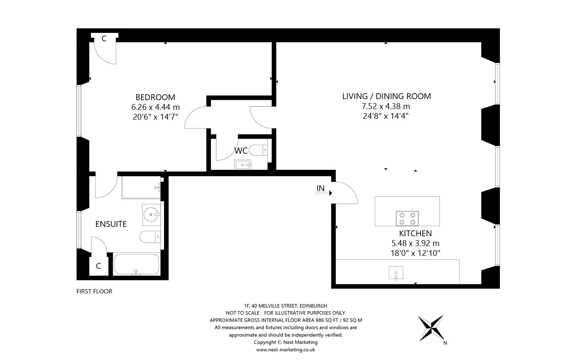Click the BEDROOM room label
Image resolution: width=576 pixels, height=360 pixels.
[155, 97]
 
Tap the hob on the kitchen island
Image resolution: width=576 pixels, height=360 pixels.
[407, 218]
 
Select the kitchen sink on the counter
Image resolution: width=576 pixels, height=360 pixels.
[396, 273]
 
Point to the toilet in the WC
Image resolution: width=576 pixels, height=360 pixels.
[258, 150]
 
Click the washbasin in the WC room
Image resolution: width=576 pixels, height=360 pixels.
[243, 165]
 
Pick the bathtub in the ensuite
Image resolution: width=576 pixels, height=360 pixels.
[137, 264]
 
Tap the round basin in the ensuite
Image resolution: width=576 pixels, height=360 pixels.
[151, 215]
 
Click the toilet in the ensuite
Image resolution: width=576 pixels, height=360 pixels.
[150, 237]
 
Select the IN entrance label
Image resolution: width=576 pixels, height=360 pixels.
[320, 189]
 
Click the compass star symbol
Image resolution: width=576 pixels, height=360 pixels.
[431, 328]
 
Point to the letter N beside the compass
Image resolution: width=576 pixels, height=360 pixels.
[445, 343]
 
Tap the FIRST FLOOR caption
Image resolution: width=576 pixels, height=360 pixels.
[94, 291]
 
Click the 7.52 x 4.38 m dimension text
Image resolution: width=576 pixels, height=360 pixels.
[386, 106]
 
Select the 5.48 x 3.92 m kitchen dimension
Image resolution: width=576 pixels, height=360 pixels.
[415, 243]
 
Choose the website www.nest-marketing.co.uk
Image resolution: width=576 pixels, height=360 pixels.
[285, 350]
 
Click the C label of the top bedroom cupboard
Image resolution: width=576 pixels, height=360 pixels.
[104, 39]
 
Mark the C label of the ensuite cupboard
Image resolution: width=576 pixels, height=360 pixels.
[98, 266]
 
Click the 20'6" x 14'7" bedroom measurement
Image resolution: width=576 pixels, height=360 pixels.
[155, 117]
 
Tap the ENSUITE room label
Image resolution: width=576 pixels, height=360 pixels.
[111, 224]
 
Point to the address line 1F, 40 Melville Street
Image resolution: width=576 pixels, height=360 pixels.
[285, 306]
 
